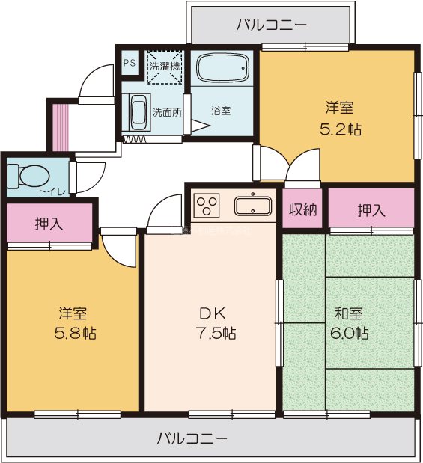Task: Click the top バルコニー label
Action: tap(271, 25)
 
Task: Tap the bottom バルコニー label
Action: tap(192, 438)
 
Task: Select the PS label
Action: tap(130, 63)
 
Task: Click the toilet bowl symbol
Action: tap(30, 177)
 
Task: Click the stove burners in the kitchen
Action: tap(207, 204)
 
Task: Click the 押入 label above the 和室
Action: tap(371, 210)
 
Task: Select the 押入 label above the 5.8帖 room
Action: tap(49, 224)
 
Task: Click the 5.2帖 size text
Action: tap(341, 129)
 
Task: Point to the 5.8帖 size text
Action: tap(73, 333)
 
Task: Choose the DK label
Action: tap(212, 313)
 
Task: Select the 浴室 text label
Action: tap(220, 111)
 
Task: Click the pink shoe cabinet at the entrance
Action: tap(58, 126)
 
